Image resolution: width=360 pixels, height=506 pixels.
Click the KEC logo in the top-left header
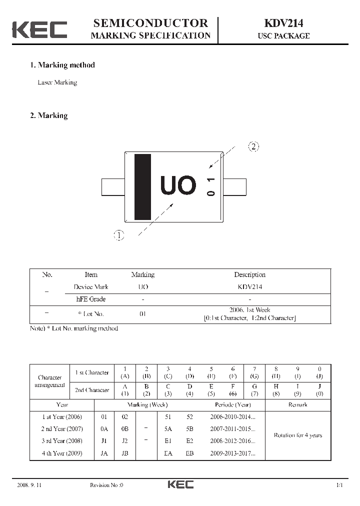click(39, 29)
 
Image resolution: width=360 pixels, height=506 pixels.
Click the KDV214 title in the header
click(283, 23)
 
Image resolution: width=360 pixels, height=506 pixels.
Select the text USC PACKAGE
click(283, 36)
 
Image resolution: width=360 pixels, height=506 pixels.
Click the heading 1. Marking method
click(62, 65)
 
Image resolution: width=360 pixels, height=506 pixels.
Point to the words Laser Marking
click(57, 82)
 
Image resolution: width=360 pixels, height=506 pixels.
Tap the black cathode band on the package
click(142, 187)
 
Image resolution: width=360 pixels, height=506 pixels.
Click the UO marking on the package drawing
click(178, 185)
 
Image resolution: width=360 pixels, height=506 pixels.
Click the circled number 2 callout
click(253, 146)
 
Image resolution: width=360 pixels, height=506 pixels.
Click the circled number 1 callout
click(118, 235)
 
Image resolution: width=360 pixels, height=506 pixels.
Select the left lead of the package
click(113, 186)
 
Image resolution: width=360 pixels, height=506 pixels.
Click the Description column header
click(249, 274)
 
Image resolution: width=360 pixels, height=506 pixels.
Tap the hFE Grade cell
click(90, 299)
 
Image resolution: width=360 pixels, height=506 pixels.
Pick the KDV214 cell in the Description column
click(249, 287)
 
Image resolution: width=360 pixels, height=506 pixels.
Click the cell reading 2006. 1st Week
click(249, 310)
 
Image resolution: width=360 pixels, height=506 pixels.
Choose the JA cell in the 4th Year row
click(104, 453)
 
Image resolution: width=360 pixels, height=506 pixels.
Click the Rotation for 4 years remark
click(297, 435)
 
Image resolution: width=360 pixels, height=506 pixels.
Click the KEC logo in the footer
click(180, 484)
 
